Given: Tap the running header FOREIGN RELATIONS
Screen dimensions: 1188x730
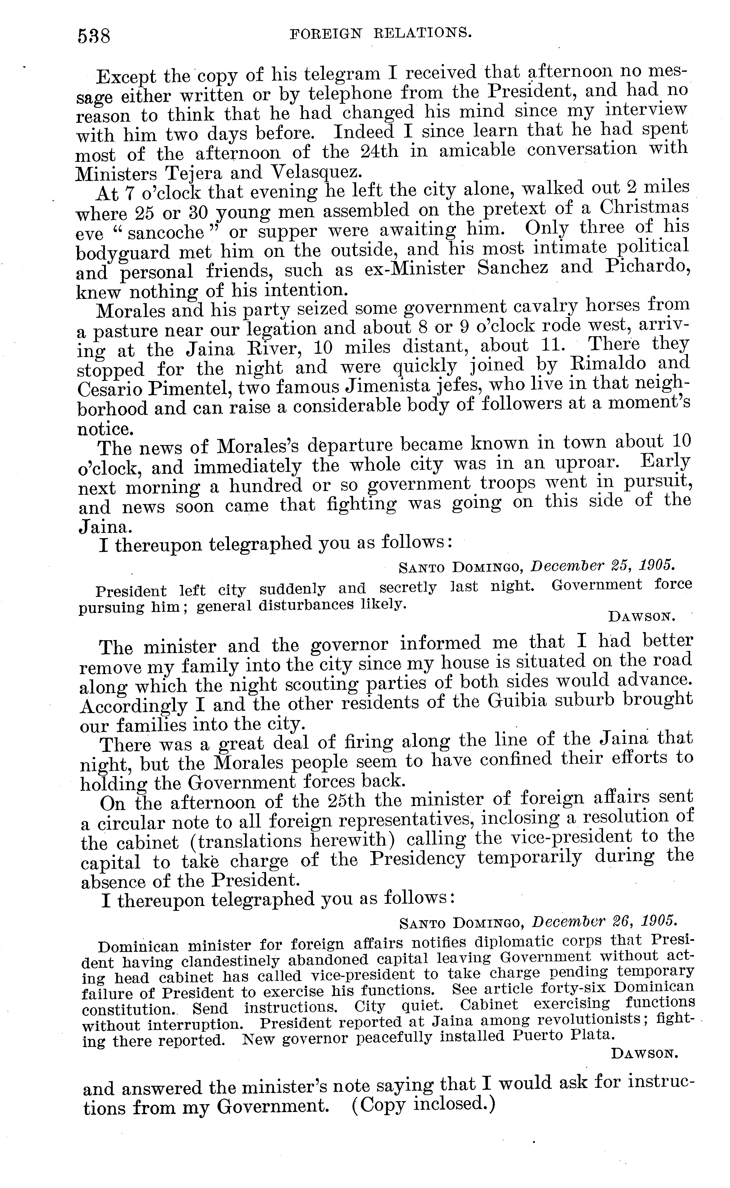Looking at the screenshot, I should point(379,33).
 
